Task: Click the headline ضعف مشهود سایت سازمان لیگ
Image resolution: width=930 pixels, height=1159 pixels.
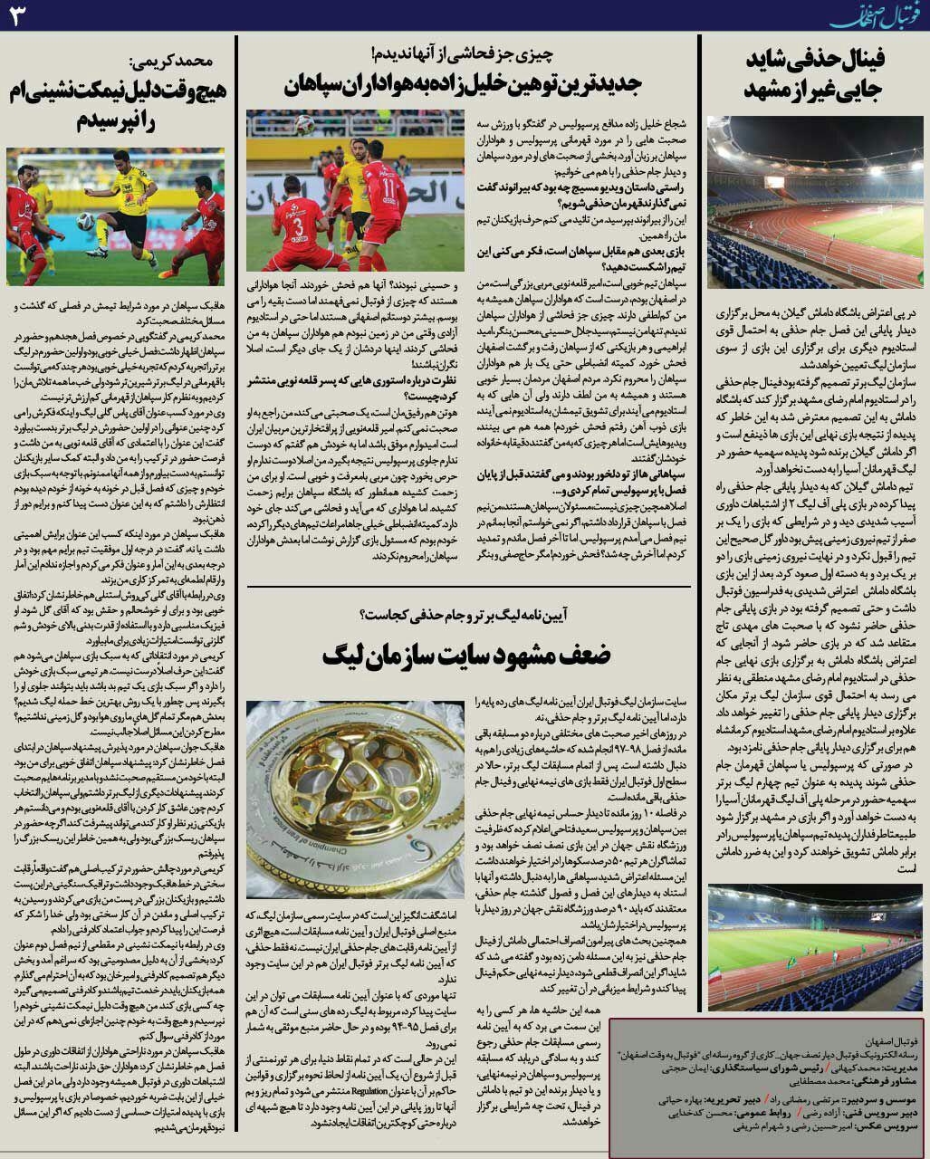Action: click(x=466, y=654)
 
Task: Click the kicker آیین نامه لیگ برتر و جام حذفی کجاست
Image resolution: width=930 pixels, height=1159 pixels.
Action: click(x=466, y=616)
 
